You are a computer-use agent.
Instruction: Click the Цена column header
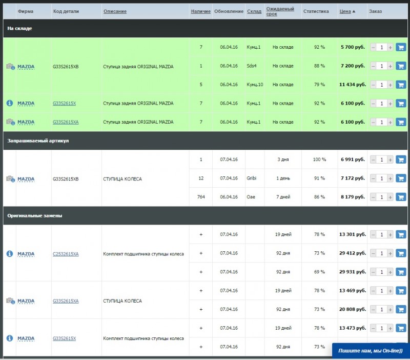click(x=345, y=11)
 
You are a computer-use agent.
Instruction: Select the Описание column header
click(x=115, y=11)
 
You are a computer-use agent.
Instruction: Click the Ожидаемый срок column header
click(x=280, y=11)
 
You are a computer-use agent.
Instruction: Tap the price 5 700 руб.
click(x=353, y=47)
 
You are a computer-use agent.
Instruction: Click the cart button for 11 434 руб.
click(x=401, y=85)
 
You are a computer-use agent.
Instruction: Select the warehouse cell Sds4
click(x=252, y=66)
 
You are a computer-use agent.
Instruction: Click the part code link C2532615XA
click(x=66, y=254)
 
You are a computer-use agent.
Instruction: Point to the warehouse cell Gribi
click(x=252, y=178)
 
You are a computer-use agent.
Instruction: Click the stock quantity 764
click(x=201, y=197)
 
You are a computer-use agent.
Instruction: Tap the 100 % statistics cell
click(x=319, y=159)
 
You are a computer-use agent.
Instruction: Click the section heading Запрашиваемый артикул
click(x=38, y=141)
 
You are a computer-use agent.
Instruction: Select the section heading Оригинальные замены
click(x=35, y=216)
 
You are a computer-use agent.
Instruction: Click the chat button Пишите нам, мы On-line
click(x=371, y=351)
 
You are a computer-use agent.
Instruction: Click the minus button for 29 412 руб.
click(x=373, y=253)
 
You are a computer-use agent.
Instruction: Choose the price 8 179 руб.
click(x=353, y=197)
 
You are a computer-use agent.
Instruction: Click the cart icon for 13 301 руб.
click(x=401, y=235)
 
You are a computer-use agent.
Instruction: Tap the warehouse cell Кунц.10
click(x=255, y=85)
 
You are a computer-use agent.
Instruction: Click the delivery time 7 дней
click(x=283, y=197)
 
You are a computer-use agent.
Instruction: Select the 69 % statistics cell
click(x=319, y=272)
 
